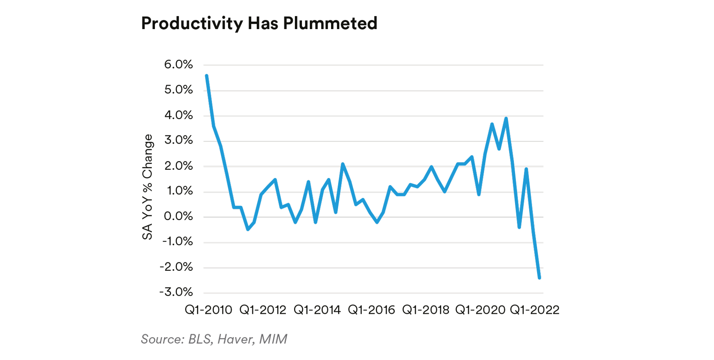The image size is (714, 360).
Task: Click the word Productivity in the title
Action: point(192,24)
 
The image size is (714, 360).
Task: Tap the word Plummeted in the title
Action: point(330,24)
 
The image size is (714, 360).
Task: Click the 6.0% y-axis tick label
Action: point(178,65)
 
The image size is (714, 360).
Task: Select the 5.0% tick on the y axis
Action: point(178,90)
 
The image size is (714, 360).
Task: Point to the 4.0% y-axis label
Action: point(178,115)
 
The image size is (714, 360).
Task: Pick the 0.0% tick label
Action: point(178,216)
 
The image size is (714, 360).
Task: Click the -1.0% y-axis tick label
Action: point(177,242)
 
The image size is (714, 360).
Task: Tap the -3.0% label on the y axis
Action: point(176,292)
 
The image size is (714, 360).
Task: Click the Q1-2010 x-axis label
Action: point(208,310)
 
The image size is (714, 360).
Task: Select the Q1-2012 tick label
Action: point(263,310)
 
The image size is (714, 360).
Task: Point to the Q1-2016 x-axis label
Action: point(371,310)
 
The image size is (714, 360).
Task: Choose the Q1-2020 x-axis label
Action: point(480,310)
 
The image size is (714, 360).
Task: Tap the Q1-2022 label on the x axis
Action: point(534,310)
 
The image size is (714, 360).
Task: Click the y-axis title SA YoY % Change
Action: point(147,187)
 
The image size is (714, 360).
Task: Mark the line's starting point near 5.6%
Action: point(206,76)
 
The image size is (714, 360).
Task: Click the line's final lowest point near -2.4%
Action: point(539,278)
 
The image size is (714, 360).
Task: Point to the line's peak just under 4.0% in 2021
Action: point(506,119)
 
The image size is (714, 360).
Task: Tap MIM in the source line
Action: point(273,339)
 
